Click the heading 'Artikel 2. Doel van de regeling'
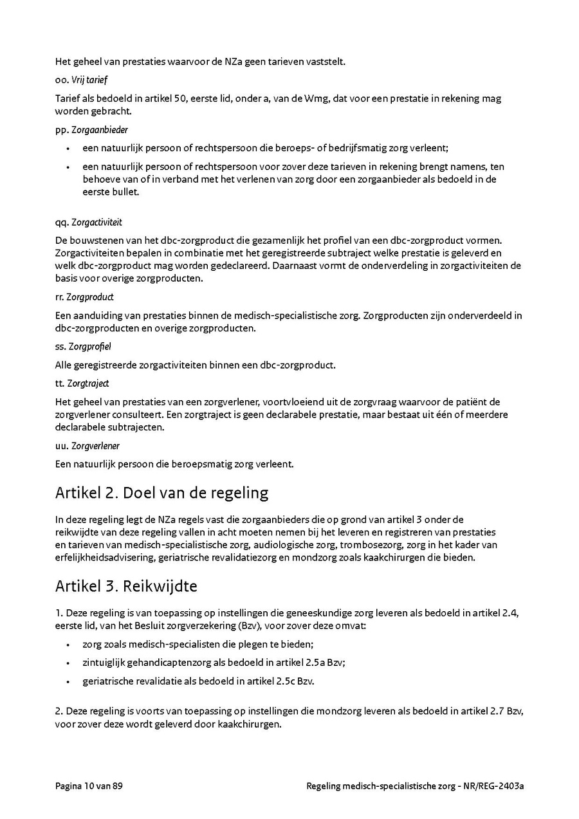161,493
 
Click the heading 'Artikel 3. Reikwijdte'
126,586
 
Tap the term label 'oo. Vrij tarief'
81,80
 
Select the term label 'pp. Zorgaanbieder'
91,130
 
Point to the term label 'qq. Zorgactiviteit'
89,223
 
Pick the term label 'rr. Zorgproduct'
84,297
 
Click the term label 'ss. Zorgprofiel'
83,347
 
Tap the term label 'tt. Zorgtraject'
82,383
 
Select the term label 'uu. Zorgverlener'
87,446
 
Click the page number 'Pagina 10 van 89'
89,786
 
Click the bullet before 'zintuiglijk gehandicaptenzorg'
68,663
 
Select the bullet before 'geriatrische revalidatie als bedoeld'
68,681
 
